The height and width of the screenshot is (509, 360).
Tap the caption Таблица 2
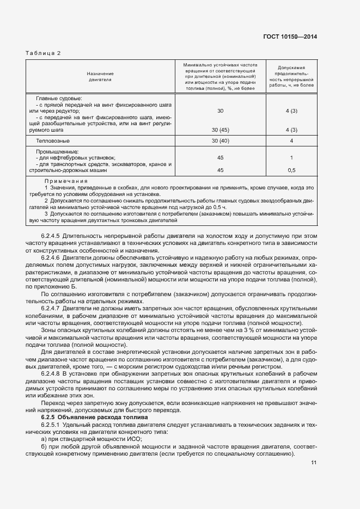point(43,53)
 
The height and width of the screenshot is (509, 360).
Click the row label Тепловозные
point(52,141)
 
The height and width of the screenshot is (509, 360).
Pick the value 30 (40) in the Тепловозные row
point(220,141)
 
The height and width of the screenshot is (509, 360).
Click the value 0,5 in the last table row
point(291,170)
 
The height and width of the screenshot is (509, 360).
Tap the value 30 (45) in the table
point(220,131)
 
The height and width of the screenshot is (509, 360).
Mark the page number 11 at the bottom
point(314,463)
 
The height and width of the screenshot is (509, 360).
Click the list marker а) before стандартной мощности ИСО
point(44,438)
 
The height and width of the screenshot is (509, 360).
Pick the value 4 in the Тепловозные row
point(291,141)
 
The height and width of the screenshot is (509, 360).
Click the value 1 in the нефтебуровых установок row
point(291,158)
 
